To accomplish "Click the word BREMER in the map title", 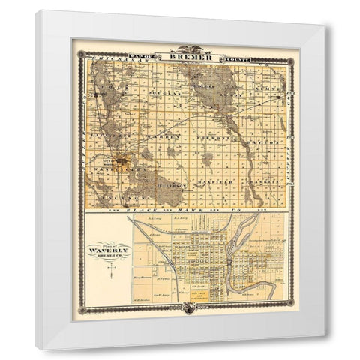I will (x=184, y=57).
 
